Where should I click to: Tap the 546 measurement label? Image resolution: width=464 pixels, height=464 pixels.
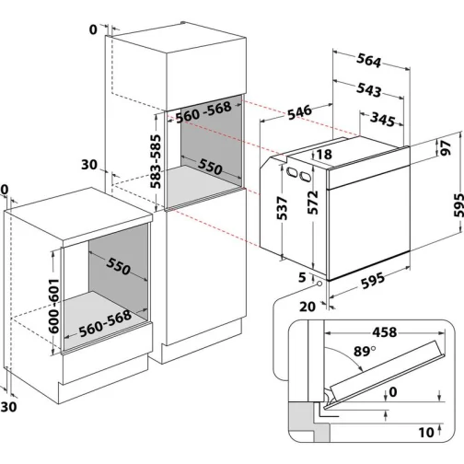[296, 113]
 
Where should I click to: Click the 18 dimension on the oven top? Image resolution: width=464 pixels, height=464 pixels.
[323, 155]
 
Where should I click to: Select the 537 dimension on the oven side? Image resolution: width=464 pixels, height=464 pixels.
[284, 214]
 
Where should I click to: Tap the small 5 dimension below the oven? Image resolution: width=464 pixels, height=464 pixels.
[300, 275]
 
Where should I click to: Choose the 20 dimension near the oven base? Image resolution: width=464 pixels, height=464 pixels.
[306, 307]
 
